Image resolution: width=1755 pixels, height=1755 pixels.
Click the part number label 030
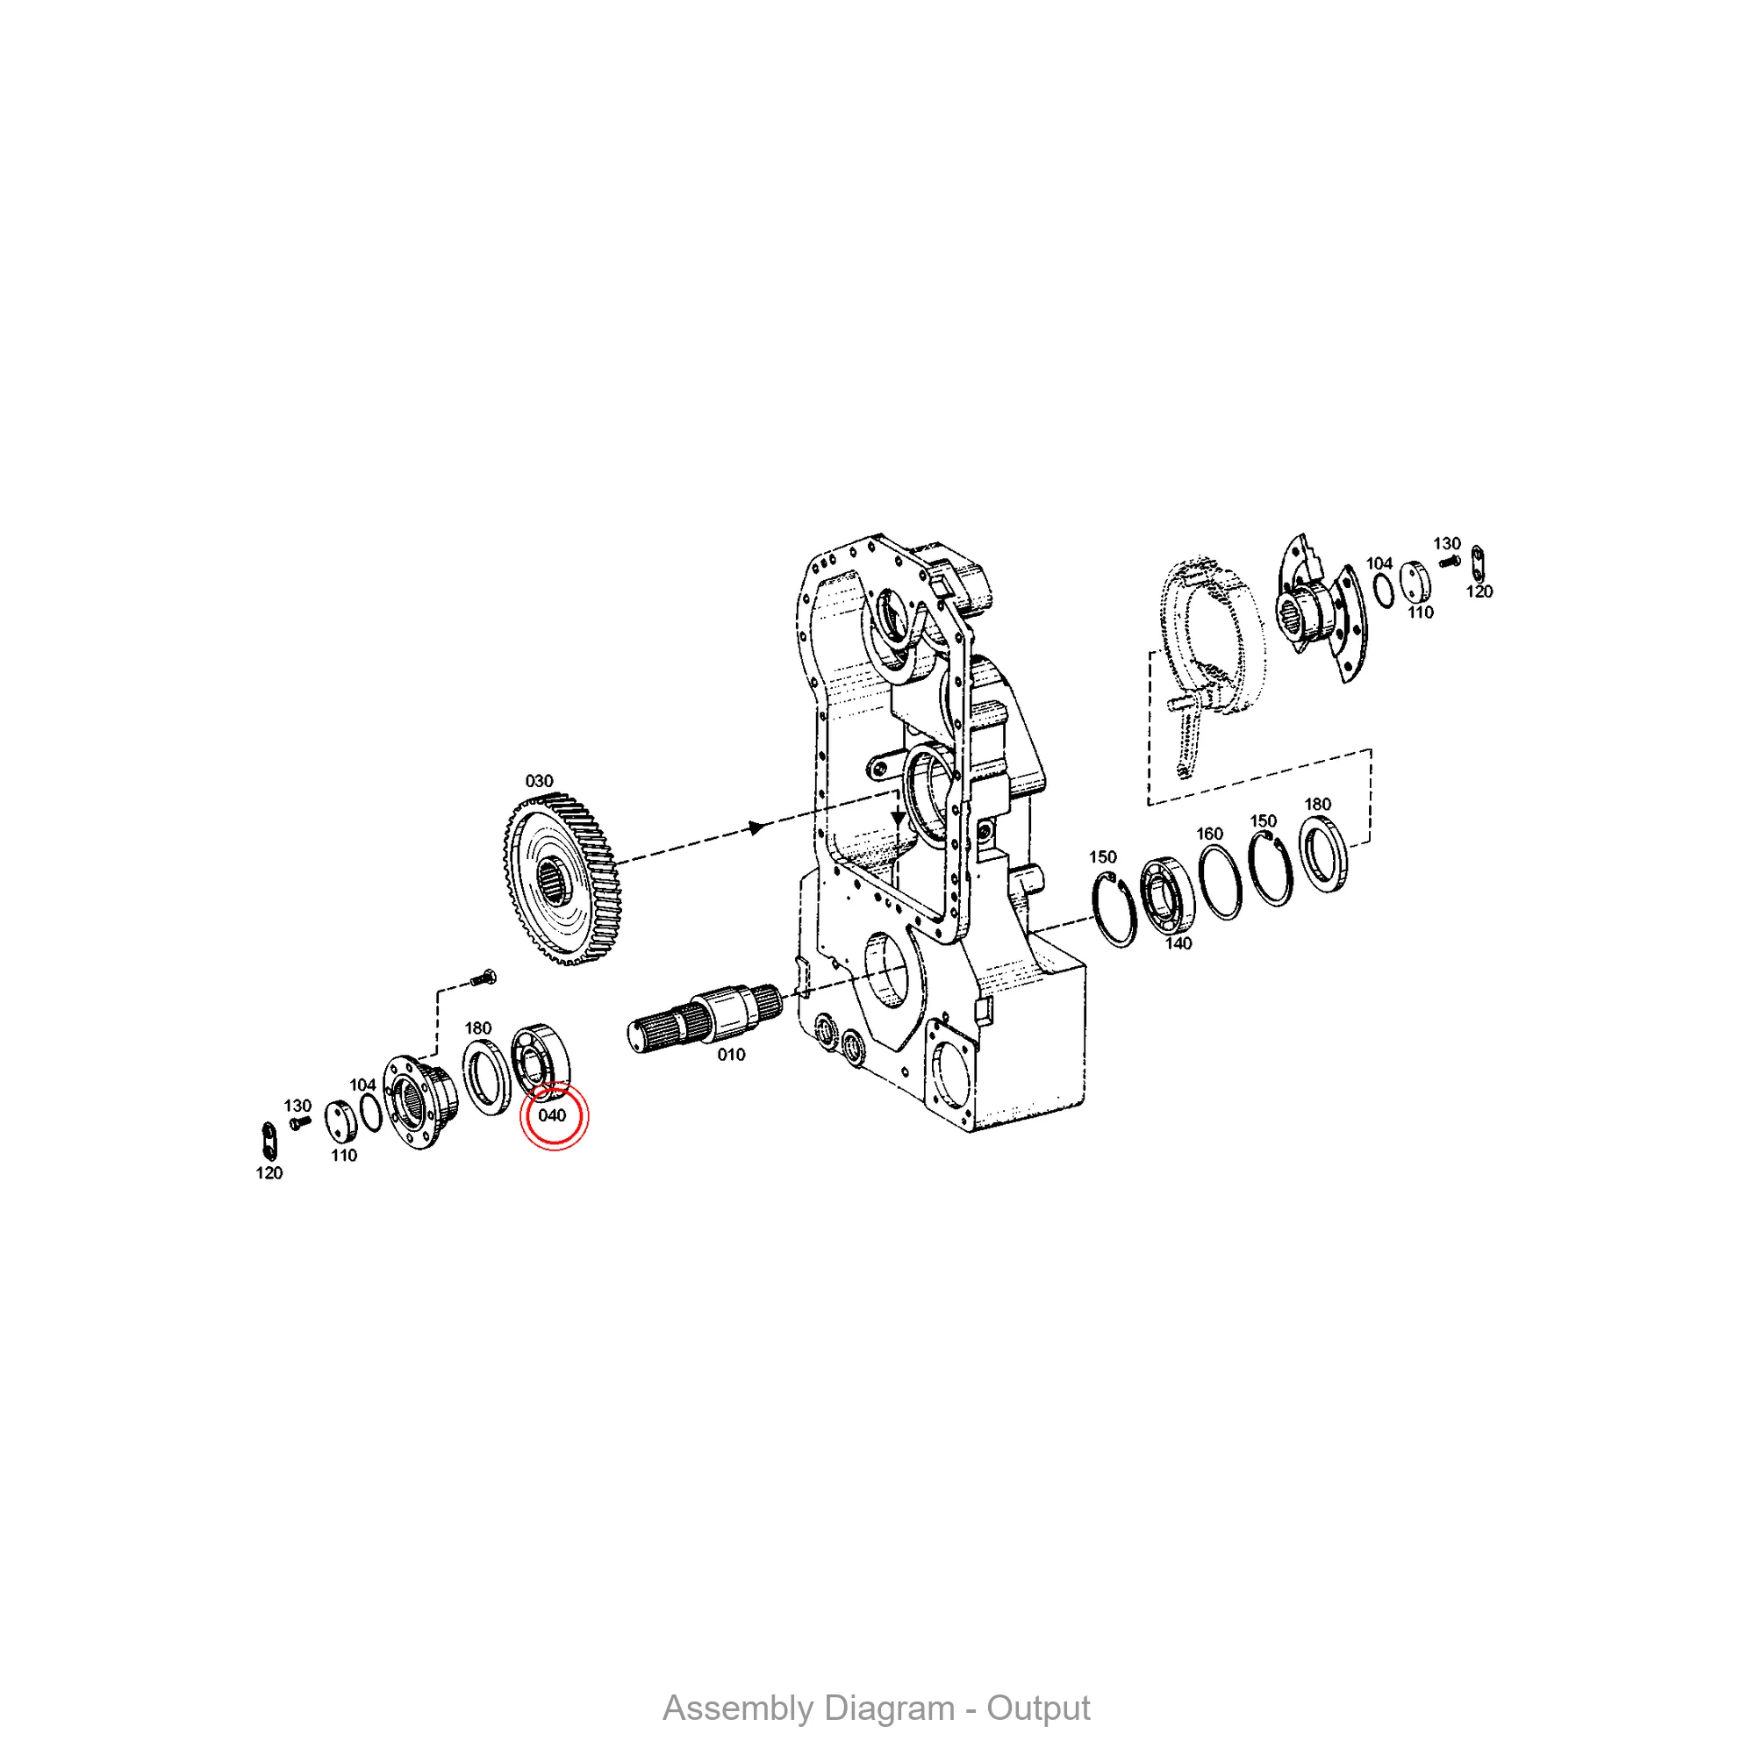[x=539, y=781]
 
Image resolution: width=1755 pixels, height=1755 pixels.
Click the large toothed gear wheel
[x=561, y=878]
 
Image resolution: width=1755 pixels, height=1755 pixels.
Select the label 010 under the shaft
[x=731, y=1055]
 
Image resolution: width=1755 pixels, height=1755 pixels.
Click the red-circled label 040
[x=552, y=1114]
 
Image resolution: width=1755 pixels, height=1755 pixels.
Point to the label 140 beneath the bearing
[x=1178, y=943]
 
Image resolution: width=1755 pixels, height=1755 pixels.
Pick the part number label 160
[x=1209, y=833]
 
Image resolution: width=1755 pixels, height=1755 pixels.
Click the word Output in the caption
[x=1038, y=1708]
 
